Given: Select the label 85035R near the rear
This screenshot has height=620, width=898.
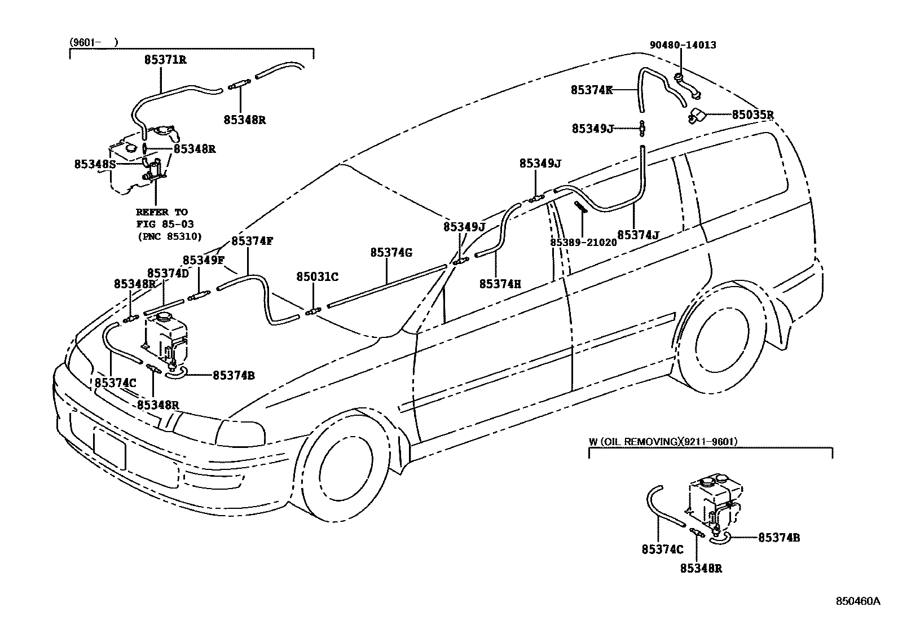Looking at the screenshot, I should pos(752,115).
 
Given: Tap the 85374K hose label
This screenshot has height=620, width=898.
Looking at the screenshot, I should pos(592,90).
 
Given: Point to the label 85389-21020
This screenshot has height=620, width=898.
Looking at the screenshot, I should pos(583,242).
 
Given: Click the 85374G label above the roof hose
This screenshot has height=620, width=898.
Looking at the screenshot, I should pos(391,253).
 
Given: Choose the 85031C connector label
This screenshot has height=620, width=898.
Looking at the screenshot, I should pos(317,276).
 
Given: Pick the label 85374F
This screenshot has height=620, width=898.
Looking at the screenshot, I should pos(252,241).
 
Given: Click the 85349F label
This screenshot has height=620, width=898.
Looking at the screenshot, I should pos(204,260).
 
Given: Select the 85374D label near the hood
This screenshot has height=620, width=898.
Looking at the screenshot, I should pos(168,273).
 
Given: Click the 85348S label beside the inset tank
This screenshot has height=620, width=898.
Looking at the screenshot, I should pos(95,164).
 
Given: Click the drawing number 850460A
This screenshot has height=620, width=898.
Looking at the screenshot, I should pos(857,601).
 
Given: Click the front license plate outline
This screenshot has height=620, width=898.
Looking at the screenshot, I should pos(109,447).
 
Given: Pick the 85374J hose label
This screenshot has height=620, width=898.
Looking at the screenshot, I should pos(638,235).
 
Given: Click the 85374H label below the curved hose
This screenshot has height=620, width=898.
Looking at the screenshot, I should pos(500,284).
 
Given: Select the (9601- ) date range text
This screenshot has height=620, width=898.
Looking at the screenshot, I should pos(94,41).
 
